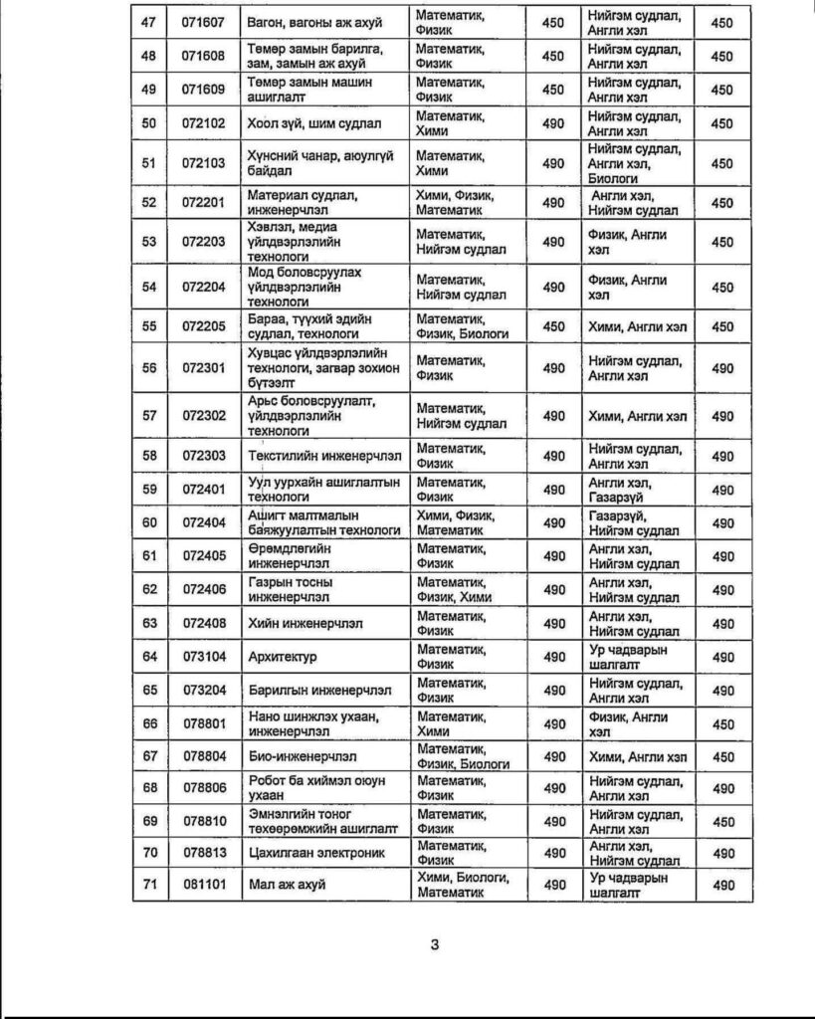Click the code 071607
click(203, 22)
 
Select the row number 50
click(150, 123)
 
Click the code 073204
click(203, 691)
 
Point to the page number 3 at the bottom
click(435, 944)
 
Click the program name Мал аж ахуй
click(287, 885)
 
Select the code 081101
click(203, 885)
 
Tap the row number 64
click(150, 657)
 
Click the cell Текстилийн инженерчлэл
click(324, 456)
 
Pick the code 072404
click(203, 522)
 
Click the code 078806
click(203, 788)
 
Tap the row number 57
click(150, 416)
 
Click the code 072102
click(203, 123)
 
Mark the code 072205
click(203, 326)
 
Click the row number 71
click(150, 885)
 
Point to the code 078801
click(203, 723)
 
